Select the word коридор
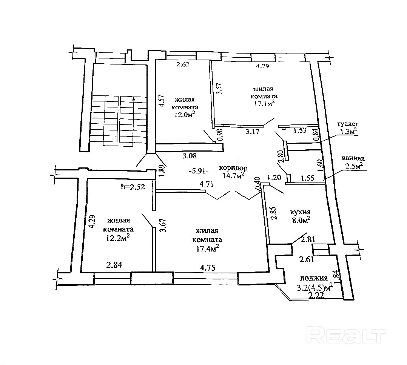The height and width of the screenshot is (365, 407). tap(234, 168)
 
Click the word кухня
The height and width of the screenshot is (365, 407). tap(300, 212)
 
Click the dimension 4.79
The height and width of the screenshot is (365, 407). tap(264, 66)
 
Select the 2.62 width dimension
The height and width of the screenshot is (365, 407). tap(183, 64)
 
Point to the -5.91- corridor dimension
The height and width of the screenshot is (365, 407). tap(199, 170)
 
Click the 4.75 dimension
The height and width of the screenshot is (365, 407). tap(208, 268)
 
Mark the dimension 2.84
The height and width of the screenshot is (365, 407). tap(114, 265)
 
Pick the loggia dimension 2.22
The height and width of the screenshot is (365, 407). tap(316, 296)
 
